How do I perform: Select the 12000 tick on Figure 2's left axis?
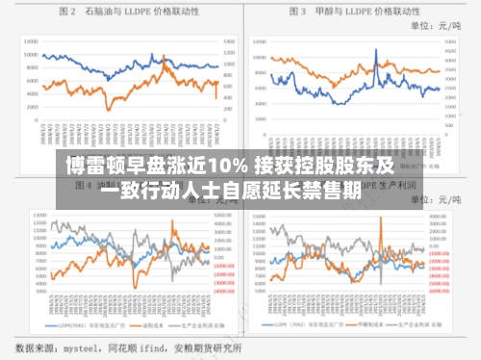point(32,42)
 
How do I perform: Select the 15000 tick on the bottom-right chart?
point(259,216)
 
